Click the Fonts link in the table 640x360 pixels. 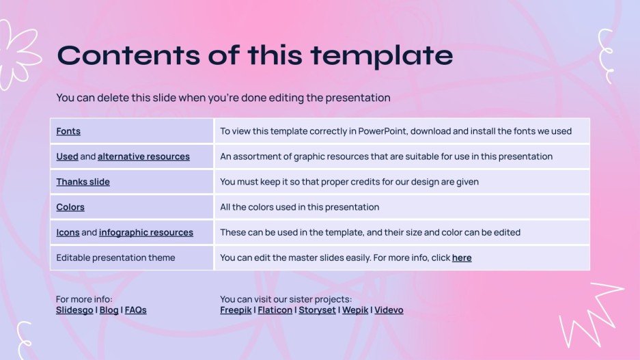pos(68,131)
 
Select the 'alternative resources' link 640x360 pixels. pos(143,156)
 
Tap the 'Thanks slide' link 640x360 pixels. pos(83,182)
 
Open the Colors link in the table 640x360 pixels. pos(70,207)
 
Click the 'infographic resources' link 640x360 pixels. pos(145,232)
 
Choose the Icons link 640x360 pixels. pos(68,232)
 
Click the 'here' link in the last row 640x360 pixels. pos(462,258)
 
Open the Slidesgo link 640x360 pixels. pos(74,310)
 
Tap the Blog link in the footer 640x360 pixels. pos(109,310)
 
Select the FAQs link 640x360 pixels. pos(135,310)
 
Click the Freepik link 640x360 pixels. pos(236,310)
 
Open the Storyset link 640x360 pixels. pos(317,310)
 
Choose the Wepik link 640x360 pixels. pos(354,310)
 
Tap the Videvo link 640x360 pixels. pos(389,310)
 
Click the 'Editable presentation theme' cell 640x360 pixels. pos(115,258)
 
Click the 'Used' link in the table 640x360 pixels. pos(67,156)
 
